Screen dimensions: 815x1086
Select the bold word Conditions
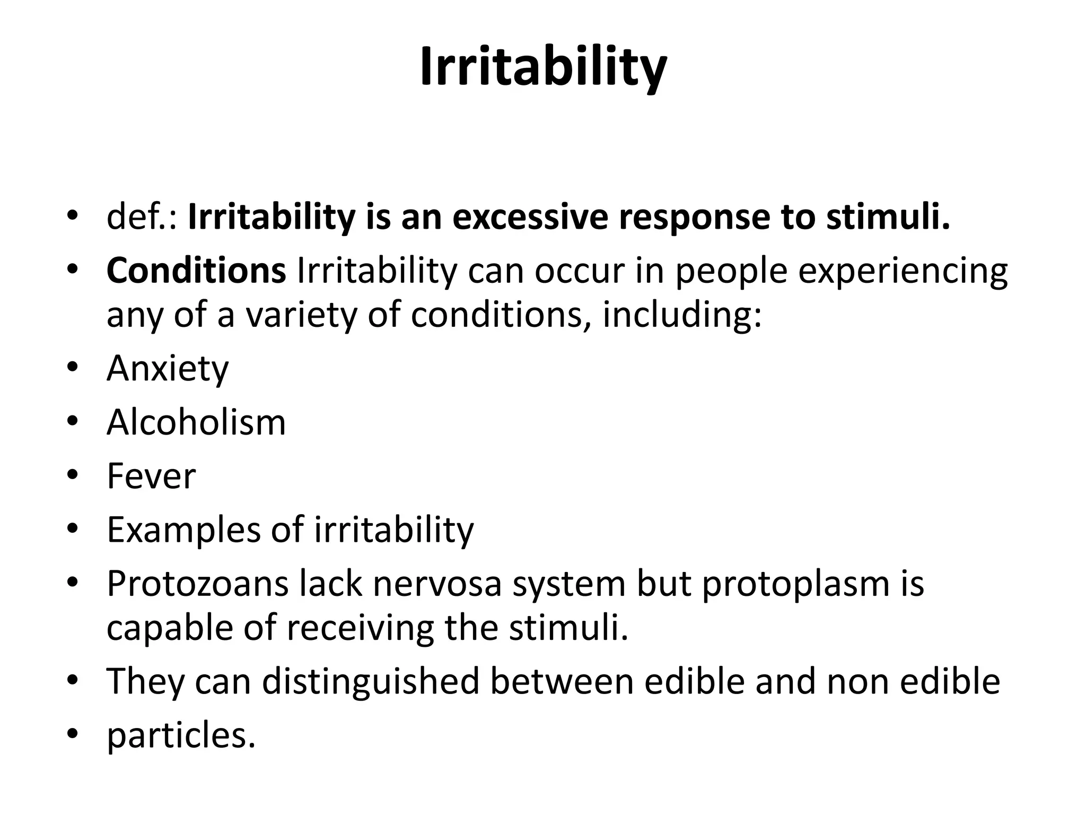196,271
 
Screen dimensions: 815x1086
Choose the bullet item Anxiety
168,368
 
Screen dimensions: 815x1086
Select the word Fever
151,476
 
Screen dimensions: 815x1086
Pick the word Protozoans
197,584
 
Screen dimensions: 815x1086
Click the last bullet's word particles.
181,735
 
